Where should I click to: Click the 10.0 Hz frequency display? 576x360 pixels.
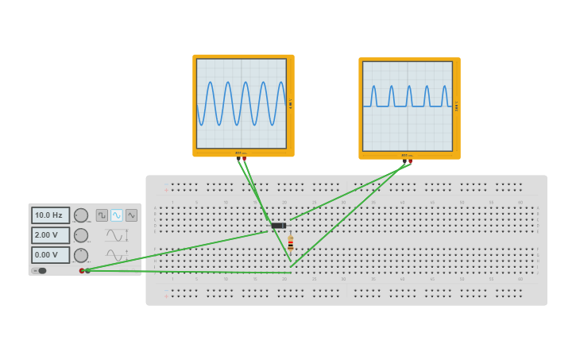50,215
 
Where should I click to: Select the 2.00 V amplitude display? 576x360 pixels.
50,235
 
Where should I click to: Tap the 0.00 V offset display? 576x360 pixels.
50,255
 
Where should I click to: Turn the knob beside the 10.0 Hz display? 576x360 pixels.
81,215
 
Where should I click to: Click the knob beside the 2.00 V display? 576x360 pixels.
81,235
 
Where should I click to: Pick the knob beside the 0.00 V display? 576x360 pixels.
81,255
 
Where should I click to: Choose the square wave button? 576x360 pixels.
102,215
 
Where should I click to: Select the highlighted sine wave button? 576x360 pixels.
117,215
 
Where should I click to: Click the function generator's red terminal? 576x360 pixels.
82,271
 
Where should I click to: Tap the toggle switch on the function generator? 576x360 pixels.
41,271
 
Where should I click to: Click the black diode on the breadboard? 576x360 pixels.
278,226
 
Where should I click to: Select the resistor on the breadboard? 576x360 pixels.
291,243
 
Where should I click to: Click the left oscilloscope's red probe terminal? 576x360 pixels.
244,159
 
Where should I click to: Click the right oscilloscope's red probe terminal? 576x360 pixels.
410,161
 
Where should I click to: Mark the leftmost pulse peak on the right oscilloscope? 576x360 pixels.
374,87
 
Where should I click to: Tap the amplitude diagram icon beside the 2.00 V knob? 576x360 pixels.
117,235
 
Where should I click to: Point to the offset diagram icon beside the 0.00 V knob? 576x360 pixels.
117,255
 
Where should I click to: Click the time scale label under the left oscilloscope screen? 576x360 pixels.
241,153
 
